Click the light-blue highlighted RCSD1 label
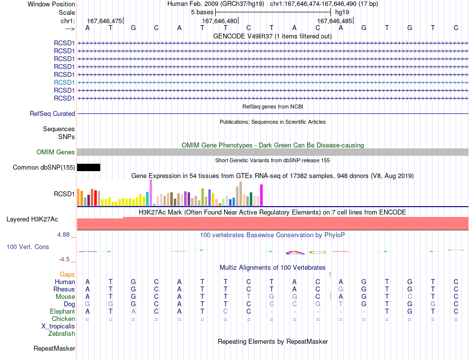pos(64,82)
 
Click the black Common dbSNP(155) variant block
pos(88,167)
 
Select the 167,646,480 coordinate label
pos(219,21)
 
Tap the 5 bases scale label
pos(202,12)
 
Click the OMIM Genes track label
pos(56,152)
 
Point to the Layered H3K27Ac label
pos(32,219)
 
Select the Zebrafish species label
pos(62,334)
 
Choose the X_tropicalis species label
pos(58,326)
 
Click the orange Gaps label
pos(67,274)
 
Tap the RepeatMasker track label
pos(54,348)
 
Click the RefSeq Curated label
pos(52,114)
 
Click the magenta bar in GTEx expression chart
pos(262,195)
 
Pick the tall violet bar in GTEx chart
pos(151,193)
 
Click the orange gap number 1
pos(330,274)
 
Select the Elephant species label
pos(62,312)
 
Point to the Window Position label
pos(51,4)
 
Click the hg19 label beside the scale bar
pos(342,12)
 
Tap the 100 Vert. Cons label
pos(28,247)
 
